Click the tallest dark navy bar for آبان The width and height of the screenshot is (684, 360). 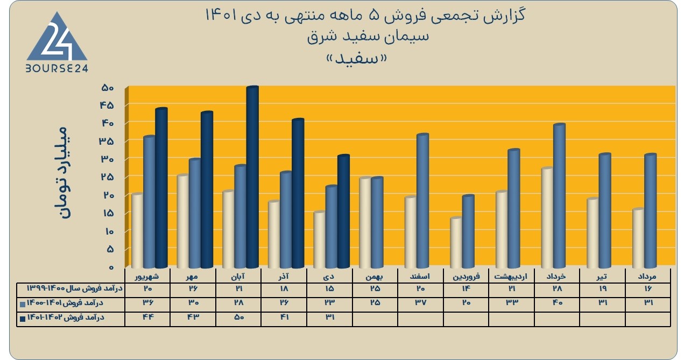252,177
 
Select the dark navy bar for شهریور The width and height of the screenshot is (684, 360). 161,188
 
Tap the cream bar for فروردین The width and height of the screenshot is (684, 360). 456,243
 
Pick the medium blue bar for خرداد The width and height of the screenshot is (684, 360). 559,196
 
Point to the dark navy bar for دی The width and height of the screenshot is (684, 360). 343,211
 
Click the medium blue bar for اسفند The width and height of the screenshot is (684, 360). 422,201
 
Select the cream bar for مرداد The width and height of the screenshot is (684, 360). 638,238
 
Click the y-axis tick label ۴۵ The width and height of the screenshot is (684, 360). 107,105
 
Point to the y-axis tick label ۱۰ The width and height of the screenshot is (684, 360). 108,231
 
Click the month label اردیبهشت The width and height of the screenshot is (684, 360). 511,277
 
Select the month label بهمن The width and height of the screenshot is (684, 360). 375,277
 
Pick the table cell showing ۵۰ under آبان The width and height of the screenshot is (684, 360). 239,317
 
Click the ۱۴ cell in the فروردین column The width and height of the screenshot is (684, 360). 466,288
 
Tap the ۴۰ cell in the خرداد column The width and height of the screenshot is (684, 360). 557,303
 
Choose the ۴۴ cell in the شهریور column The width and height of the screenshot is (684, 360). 148,317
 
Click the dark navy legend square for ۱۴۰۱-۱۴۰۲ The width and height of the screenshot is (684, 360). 23,319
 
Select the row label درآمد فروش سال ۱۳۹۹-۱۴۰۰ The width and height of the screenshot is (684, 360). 75,288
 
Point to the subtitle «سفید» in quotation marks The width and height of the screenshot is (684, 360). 357,58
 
